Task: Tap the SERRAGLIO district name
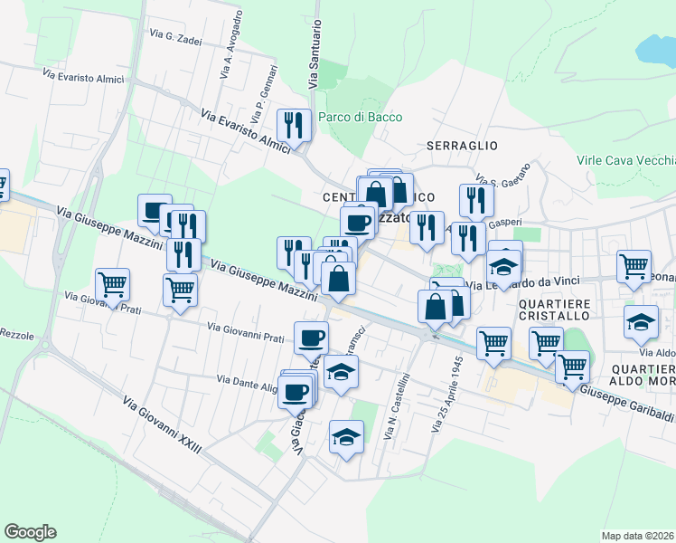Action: tap(462, 145)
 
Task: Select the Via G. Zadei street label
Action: tap(176, 37)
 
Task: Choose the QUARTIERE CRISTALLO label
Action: tap(555, 309)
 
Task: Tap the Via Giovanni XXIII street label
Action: tap(162, 429)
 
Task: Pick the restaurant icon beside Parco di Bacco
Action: tap(294, 124)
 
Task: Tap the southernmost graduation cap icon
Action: tap(345, 439)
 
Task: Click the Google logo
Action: tap(30, 532)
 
